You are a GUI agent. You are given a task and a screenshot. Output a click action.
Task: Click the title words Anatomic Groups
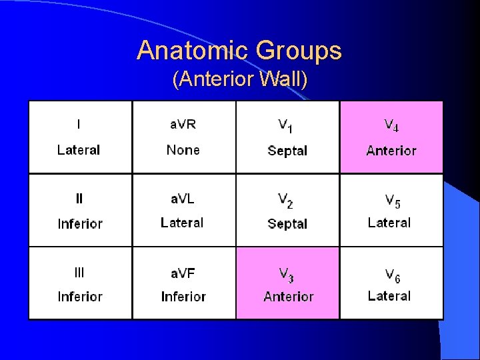[x=239, y=51]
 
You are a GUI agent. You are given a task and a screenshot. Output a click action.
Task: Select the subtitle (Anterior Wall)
[x=240, y=80]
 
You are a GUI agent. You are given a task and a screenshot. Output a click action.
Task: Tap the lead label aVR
[x=183, y=125]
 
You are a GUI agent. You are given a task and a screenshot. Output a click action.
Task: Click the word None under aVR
[x=183, y=149]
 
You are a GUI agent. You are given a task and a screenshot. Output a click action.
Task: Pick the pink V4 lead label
[x=391, y=125]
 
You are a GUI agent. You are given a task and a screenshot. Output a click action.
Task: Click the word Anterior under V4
[x=391, y=151]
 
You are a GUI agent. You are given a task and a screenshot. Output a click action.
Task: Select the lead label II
[x=79, y=198]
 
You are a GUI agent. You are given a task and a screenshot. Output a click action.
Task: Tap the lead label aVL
[x=182, y=198]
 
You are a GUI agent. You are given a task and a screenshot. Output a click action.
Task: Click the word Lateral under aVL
[x=182, y=223]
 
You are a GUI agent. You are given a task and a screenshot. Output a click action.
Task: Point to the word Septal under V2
[x=287, y=224]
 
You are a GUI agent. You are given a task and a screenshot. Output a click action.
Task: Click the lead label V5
[x=392, y=199]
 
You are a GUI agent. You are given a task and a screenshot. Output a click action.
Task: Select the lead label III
[x=79, y=272]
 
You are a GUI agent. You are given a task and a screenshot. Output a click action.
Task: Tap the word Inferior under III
[x=80, y=297]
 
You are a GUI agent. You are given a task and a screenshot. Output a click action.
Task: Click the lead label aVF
[x=183, y=272]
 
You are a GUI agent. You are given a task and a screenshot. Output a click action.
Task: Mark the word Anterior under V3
[x=289, y=297]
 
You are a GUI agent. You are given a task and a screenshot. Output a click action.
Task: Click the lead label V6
[x=392, y=273]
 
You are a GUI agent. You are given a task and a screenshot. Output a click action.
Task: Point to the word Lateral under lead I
[x=79, y=150]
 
